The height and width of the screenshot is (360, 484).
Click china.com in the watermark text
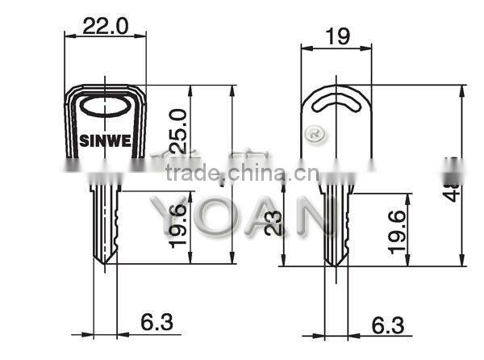point(256,173)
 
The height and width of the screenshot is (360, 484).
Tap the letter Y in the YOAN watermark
point(165,217)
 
